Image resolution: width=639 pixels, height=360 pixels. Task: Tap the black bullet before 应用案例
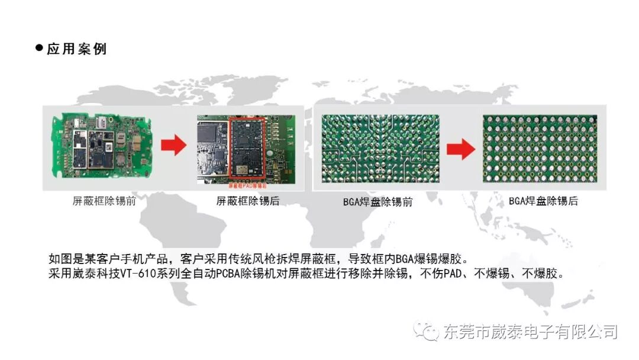pyautogui.click(x=40, y=48)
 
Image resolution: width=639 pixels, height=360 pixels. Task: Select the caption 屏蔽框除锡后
pyautogui.click(x=248, y=201)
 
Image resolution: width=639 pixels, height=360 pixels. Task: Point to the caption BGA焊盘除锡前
pyautogui.click(x=377, y=202)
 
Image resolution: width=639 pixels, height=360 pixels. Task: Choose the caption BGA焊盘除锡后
pyautogui.click(x=543, y=201)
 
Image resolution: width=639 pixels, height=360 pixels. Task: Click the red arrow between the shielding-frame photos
pyautogui.click(x=173, y=146)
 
